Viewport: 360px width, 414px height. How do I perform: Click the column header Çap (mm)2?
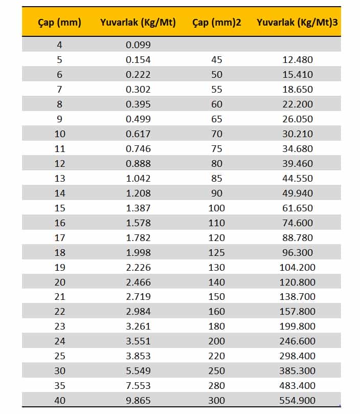(x=216, y=23)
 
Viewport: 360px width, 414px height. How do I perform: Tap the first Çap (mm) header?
(x=60, y=23)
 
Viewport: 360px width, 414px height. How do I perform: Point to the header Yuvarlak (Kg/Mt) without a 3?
(x=138, y=23)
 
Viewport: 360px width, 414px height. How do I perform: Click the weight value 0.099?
(x=138, y=45)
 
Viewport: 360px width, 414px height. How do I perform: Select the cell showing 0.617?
(x=138, y=134)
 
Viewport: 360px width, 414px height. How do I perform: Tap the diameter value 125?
(x=216, y=253)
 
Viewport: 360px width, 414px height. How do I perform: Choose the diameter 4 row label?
(x=60, y=45)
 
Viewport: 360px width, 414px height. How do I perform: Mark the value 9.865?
(x=138, y=401)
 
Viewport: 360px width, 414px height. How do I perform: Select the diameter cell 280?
(x=216, y=386)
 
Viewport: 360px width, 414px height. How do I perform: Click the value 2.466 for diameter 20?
(x=138, y=282)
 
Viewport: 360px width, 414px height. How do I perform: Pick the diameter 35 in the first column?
(x=60, y=386)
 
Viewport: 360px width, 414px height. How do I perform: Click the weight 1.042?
(x=138, y=179)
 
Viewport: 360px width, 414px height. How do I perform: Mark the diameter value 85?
(x=216, y=179)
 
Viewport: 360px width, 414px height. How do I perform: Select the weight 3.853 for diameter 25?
(x=138, y=356)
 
